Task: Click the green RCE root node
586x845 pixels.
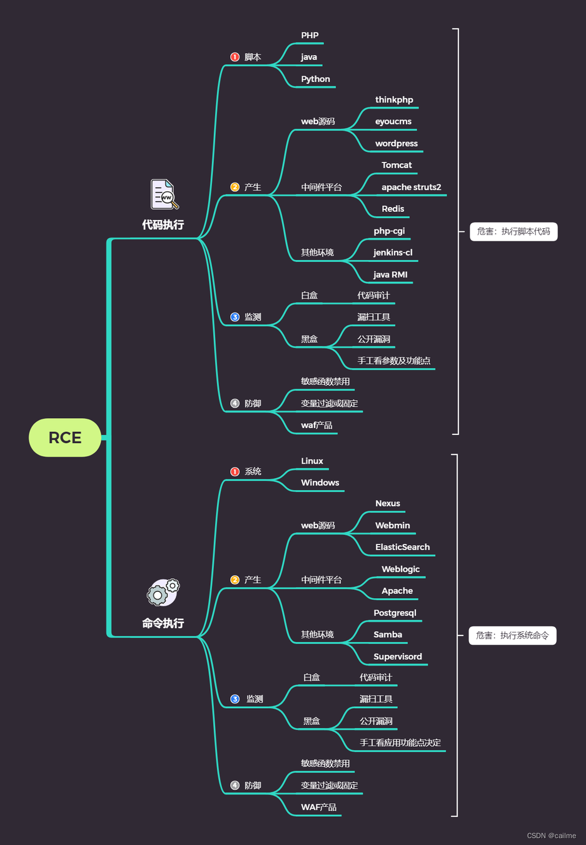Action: click(x=65, y=437)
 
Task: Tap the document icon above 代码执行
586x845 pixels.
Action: click(x=164, y=194)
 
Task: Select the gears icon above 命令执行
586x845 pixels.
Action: click(x=163, y=592)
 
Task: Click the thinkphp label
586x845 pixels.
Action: click(x=394, y=100)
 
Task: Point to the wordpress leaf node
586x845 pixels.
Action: click(x=396, y=144)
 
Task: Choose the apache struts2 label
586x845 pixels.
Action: click(x=411, y=187)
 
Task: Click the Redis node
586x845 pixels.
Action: click(x=393, y=209)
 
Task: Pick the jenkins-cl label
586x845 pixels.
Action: click(x=393, y=252)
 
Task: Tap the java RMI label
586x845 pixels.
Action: click(x=390, y=274)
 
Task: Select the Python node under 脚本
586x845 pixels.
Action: click(x=315, y=79)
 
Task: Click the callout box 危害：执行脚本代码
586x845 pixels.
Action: click(x=513, y=232)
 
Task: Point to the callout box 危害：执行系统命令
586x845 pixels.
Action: click(x=512, y=636)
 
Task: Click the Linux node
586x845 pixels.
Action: click(x=312, y=461)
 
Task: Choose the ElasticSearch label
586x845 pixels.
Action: click(x=402, y=547)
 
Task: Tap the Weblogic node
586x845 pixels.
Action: click(x=400, y=569)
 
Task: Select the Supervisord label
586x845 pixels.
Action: click(x=398, y=657)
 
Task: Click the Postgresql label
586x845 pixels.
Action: click(x=395, y=613)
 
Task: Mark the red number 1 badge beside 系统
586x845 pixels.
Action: click(x=235, y=472)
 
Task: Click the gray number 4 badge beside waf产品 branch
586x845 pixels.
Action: click(x=235, y=404)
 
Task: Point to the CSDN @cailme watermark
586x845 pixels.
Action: click(x=551, y=836)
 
